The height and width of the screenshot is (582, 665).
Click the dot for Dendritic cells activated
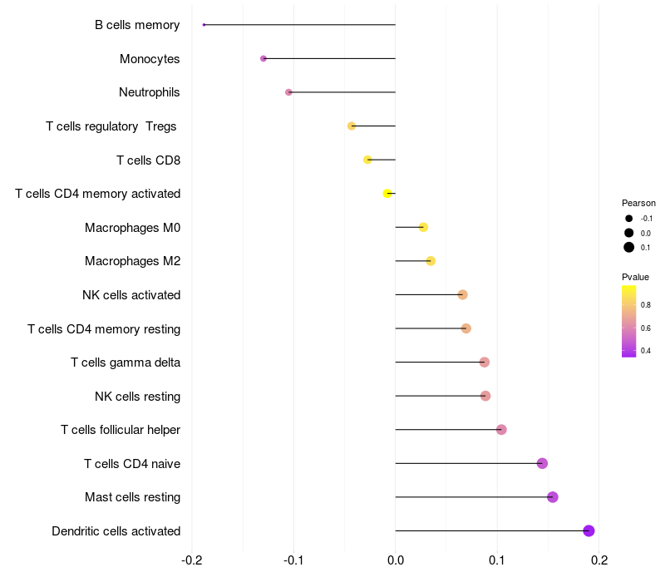tap(589, 530)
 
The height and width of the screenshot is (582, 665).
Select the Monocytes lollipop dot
tap(264, 58)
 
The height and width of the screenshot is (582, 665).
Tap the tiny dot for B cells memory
tap(204, 25)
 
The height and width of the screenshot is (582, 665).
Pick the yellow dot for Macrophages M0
tap(423, 227)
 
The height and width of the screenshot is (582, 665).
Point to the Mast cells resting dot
tap(552, 496)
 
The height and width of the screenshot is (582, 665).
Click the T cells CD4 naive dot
tap(542, 463)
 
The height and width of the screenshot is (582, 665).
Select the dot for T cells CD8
tap(367, 160)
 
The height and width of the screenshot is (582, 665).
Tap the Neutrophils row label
tap(150, 92)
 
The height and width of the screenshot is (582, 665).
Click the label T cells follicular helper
tap(121, 430)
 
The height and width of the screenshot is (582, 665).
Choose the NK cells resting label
tap(138, 397)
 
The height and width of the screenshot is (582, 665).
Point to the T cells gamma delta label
tap(126, 363)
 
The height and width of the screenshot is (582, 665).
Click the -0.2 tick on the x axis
tap(192, 560)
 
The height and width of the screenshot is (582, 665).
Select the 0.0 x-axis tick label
tap(396, 560)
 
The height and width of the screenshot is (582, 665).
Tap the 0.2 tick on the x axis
tap(598, 560)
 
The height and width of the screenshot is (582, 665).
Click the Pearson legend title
tap(638, 203)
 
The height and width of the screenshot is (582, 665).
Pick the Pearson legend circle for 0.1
tap(629, 247)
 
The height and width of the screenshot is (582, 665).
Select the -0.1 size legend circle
tap(629, 219)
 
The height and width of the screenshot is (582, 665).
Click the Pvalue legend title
tap(635, 277)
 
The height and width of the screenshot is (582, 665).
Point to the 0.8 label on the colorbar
tap(646, 305)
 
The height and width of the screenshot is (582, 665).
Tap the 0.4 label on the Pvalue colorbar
tap(646, 351)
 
